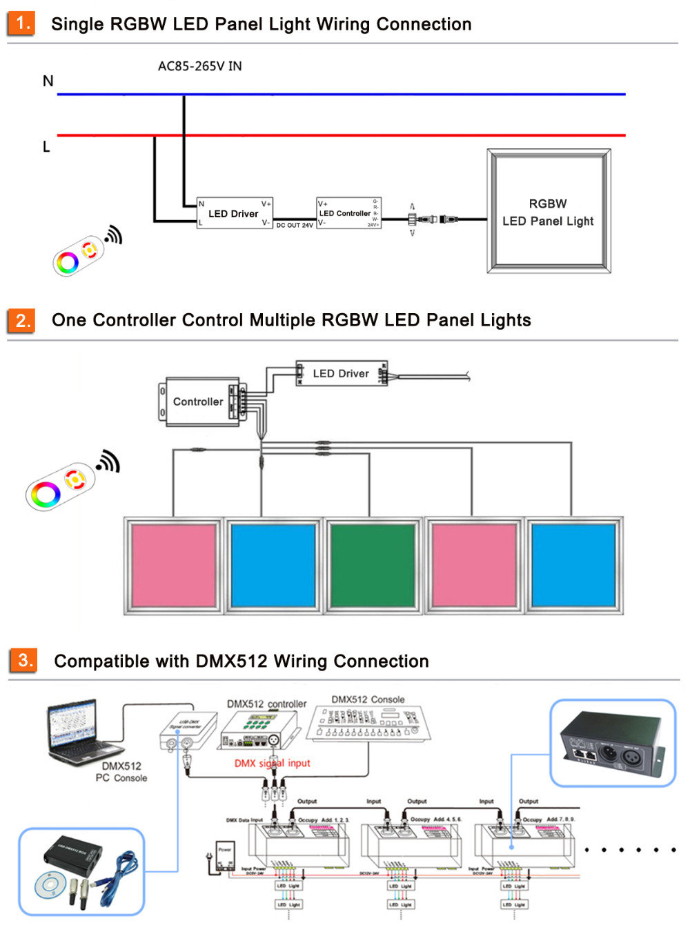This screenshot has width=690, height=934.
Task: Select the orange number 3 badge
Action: [x=23, y=660]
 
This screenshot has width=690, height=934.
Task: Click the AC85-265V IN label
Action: [x=199, y=66]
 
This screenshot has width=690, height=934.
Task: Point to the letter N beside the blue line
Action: [x=48, y=81]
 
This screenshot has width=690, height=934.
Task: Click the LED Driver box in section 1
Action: [x=234, y=214]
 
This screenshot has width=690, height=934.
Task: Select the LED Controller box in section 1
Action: [x=348, y=213]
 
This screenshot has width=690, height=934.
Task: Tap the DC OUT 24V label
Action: [x=295, y=226]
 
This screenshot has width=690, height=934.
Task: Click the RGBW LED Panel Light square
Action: [x=549, y=212]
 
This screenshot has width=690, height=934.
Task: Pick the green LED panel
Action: [x=373, y=565]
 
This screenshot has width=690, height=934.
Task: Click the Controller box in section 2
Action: [x=200, y=401]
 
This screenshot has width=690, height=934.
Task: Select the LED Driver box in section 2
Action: [x=341, y=373]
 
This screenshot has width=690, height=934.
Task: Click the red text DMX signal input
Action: [x=272, y=763]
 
